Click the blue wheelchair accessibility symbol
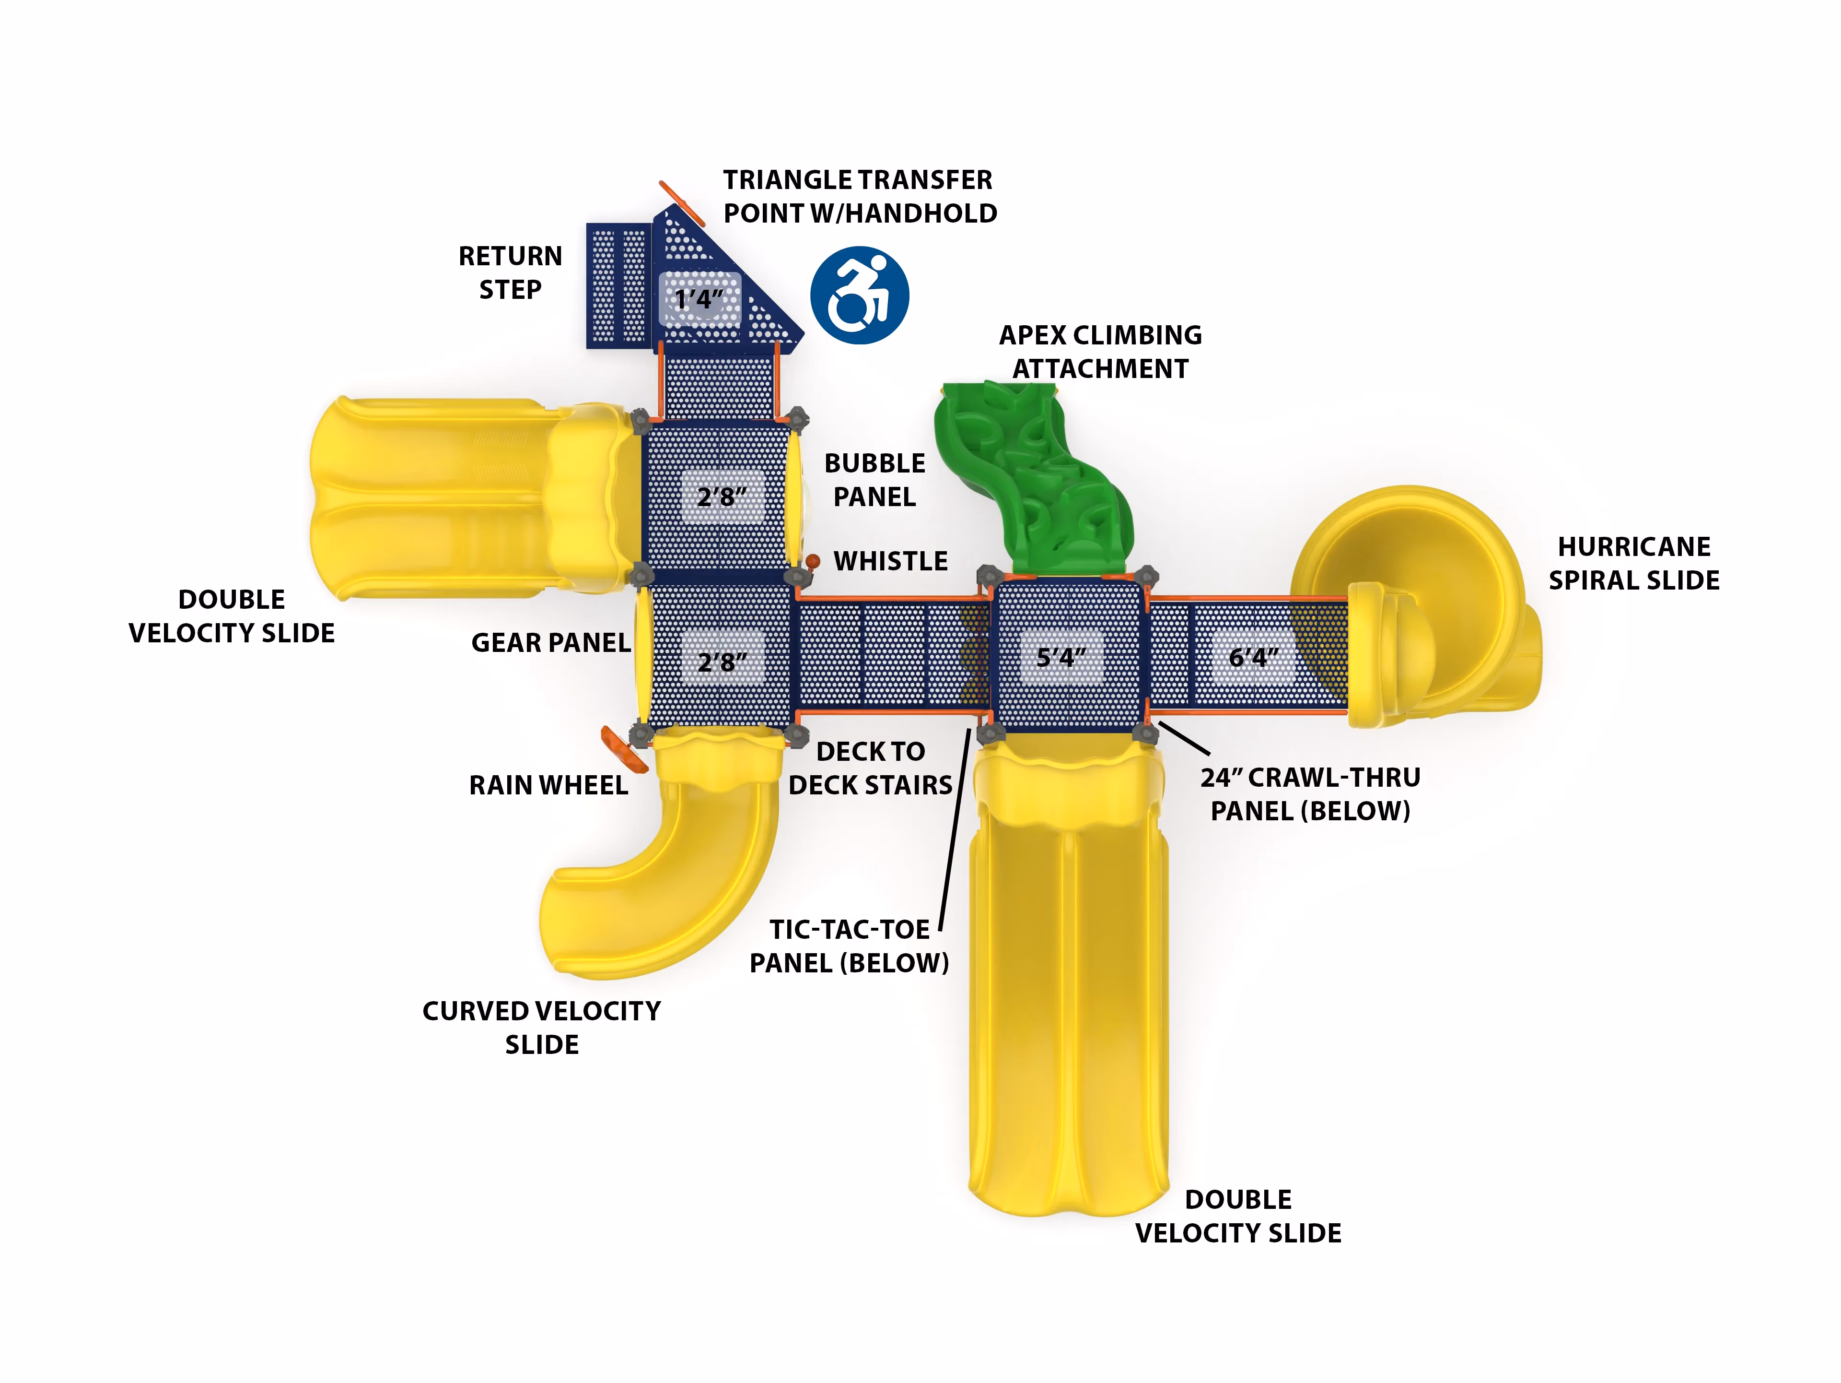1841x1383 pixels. click(x=860, y=295)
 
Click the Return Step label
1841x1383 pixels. click(x=510, y=272)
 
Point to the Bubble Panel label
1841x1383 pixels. click(x=875, y=480)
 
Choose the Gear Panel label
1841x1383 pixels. click(x=551, y=643)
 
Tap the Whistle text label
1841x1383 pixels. click(x=891, y=561)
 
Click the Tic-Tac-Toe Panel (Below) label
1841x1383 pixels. click(x=849, y=946)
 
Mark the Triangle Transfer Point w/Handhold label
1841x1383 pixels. click(x=860, y=197)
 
